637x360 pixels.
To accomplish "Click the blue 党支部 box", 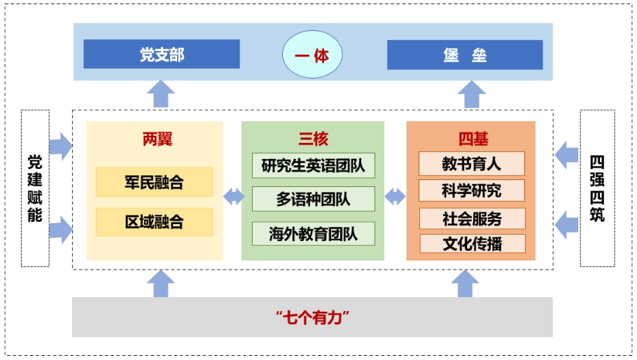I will click(x=162, y=55).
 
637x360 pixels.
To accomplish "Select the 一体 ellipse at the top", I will click(x=312, y=55).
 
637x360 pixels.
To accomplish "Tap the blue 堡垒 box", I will click(x=465, y=55).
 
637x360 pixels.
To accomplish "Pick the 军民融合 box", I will click(x=154, y=182).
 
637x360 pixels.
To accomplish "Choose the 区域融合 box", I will click(x=154, y=222).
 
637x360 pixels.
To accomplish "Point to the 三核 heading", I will click(x=313, y=139).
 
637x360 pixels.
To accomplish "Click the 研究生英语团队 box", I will click(x=313, y=166).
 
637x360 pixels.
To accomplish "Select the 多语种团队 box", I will click(x=313, y=200).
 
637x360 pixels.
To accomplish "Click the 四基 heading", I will click(x=471, y=139).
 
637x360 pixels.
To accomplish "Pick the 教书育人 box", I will click(x=471, y=164).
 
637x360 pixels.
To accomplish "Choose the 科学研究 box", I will click(x=471, y=191).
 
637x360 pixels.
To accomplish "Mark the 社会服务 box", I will click(x=471, y=218).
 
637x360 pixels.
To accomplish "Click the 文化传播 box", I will click(x=471, y=244).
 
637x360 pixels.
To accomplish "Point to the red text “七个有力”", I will click(x=312, y=317).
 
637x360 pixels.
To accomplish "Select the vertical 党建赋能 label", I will click(x=35, y=188).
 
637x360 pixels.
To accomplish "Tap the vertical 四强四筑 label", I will click(x=597, y=188).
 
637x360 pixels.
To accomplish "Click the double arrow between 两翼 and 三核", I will click(x=234, y=197).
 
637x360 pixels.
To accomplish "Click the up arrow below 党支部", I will click(x=162, y=93).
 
